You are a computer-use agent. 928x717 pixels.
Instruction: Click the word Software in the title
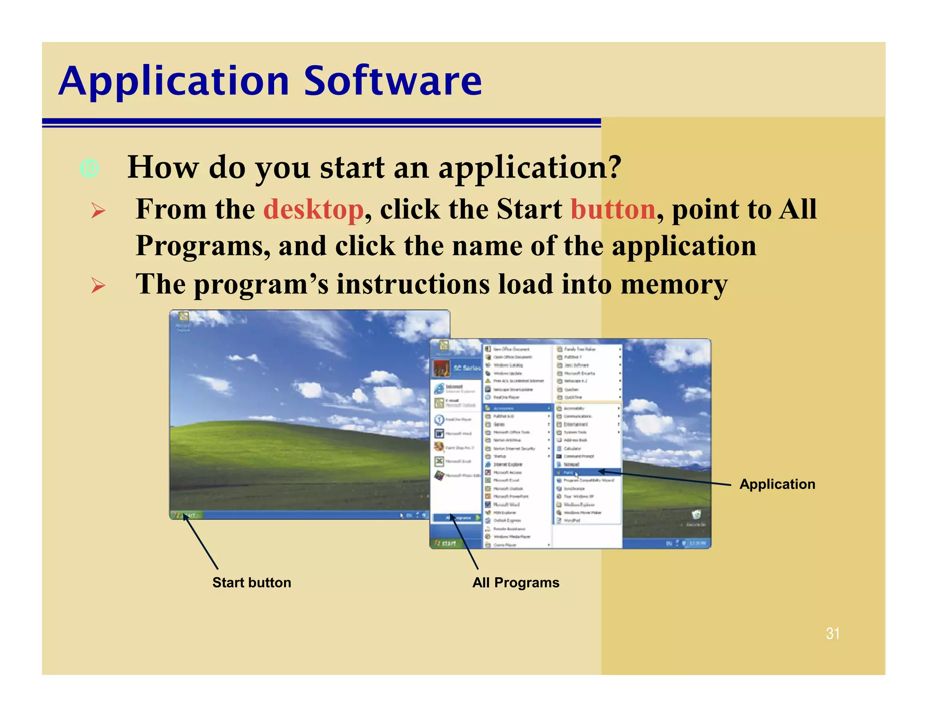point(392,82)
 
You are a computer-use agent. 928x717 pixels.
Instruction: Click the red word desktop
point(313,209)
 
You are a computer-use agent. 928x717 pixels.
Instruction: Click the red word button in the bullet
point(613,209)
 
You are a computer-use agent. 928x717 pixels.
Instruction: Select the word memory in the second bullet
point(673,285)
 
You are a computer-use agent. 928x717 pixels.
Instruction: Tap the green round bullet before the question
point(89,169)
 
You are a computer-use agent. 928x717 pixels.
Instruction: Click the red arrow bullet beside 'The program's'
point(98,286)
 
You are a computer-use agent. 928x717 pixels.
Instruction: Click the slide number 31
point(832,633)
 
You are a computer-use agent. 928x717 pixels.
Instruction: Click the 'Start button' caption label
point(251,582)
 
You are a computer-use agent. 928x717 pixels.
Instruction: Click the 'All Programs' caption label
point(516,582)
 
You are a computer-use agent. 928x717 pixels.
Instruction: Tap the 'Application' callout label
point(777,484)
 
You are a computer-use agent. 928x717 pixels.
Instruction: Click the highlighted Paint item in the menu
point(568,472)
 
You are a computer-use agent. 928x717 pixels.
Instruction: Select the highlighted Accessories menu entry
point(517,408)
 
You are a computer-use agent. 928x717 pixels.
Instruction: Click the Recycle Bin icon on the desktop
point(696,515)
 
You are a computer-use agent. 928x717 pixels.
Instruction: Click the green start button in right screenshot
point(446,543)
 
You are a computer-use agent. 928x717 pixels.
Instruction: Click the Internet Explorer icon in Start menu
point(439,389)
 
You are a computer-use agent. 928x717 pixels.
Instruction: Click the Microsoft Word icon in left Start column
point(439,434)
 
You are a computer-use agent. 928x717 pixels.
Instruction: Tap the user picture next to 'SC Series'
point(441,368)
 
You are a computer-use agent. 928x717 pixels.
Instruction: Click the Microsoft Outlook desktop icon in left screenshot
point(184,317)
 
